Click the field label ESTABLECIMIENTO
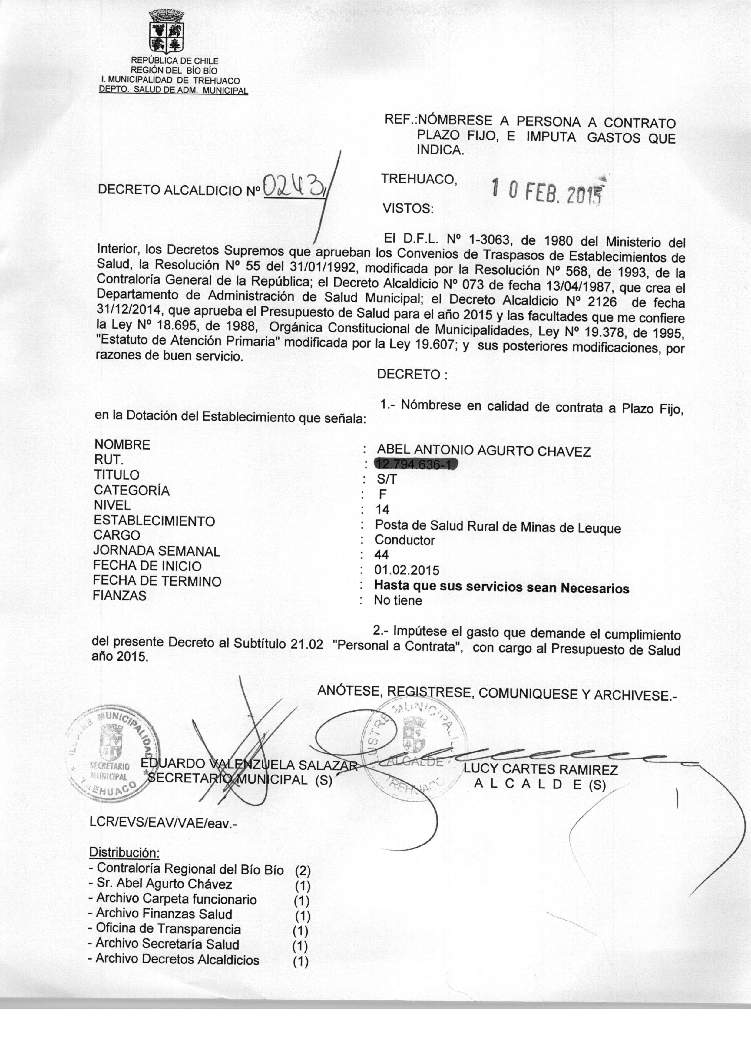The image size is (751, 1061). pyautogui.click(x=154, y=521)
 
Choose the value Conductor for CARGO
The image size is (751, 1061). pyautogui.click(x=405, y=540)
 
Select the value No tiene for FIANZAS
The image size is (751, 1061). pyautogui.click(x=398, y=600)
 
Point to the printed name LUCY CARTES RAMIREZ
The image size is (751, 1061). pyautogui.click(x=541, y=770)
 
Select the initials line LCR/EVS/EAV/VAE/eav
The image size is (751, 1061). pyautogui.click(x=163, y=823)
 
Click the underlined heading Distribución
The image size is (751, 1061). pyautogui.click(x=124, y=851)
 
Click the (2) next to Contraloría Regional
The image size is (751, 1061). pyautogui.click(x=303, y=870)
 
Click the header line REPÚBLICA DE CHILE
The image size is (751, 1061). pyautogui.click(x=175, y=61)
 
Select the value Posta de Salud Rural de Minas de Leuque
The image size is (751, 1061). pyautogui.click(x=498, y=527)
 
